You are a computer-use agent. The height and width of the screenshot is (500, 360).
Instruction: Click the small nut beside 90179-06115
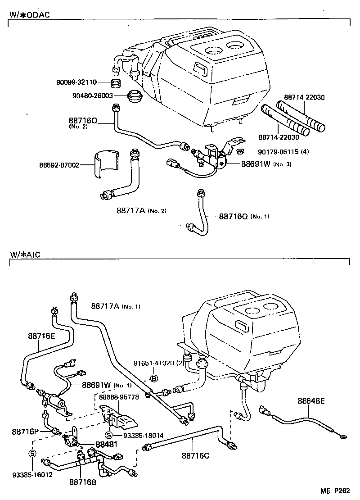(240, 151)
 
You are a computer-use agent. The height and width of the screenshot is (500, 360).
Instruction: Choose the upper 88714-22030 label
(305, 97)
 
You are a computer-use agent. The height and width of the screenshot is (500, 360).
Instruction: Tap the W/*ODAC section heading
(30, 14)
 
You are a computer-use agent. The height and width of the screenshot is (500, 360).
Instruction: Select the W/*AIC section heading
(25, 255)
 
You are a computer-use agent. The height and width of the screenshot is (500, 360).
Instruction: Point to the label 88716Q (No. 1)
(243, 217)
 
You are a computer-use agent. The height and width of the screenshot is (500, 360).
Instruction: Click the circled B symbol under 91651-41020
(153, 378)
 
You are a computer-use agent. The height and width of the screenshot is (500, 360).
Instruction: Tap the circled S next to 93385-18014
(108, 435)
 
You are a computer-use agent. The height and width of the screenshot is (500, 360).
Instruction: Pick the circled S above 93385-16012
(32, 453)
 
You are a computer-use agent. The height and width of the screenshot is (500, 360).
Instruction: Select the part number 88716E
(41, 336)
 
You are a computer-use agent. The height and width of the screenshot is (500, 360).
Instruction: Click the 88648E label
(311, 400)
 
